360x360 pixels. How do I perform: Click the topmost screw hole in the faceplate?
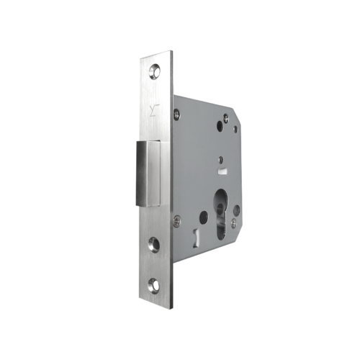(x=155, y=72)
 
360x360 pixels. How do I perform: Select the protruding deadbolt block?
(x=153, y=173)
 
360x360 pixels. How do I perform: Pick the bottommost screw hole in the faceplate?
(x=154, y=287)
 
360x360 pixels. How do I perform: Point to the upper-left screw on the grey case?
(x=176, y=113)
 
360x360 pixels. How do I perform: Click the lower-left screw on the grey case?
(x=176, y=223)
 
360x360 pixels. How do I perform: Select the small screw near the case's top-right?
(x=225, y=117)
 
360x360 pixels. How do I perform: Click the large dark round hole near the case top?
(x=219, y=127)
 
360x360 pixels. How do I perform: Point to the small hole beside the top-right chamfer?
(x=235, y=130)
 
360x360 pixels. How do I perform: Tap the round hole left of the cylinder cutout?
(x=204, y=215)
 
